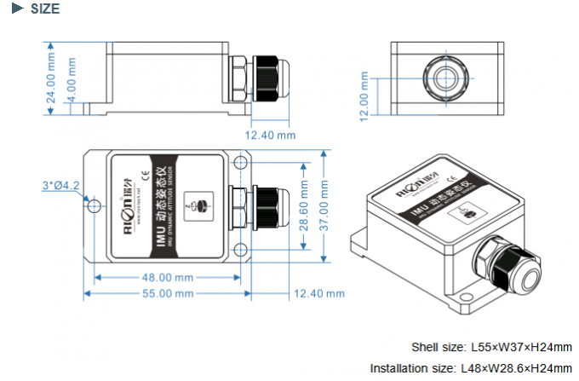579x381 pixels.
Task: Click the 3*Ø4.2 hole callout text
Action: click(x=60, y=185)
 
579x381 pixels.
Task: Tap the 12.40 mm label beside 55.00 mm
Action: click(x=319, y=294)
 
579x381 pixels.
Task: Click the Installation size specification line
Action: click(x=470, y=367)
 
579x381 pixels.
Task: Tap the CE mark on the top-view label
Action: click(x=144, y=177)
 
